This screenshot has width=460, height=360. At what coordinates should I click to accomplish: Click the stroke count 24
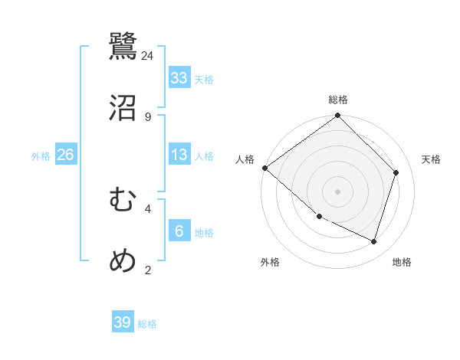pos(148,55)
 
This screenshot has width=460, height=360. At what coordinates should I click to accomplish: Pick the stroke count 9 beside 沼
pos(148,116)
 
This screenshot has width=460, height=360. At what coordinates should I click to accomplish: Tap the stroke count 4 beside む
pos(148,208)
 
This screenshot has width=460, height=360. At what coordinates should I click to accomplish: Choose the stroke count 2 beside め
pos(148,270)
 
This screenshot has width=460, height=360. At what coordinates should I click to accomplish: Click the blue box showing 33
pos(179,78)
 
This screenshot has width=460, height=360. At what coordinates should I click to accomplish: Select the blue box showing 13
pos(179,155)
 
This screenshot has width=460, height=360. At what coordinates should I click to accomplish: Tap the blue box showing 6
pos(179,231)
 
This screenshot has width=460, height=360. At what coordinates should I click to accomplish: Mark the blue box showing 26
pos(66,155)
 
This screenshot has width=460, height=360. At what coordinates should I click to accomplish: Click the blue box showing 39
pos(123,322)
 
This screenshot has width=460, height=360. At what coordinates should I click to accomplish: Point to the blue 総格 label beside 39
pos(147,324)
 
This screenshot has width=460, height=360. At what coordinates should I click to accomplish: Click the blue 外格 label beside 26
pos(41,156)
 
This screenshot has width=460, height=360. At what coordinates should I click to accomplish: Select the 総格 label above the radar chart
pos(338,100)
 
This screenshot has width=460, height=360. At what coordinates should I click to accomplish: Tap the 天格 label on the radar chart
pos(432,159)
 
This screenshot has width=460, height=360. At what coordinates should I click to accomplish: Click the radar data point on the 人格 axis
pos(264,168)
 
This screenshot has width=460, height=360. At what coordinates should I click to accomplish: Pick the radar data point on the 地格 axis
pos(374,242)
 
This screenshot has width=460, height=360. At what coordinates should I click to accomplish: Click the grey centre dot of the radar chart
pos(338,191)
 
